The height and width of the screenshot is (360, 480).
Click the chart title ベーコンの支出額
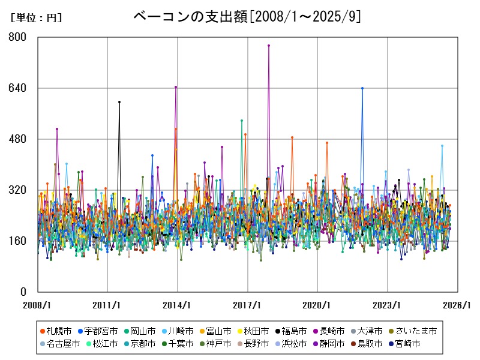(x=247, y=16)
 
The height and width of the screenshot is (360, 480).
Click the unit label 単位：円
(x=36, y=18)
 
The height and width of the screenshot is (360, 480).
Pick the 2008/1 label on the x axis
(x=38, y=305)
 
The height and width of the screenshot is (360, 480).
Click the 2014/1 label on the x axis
(x=178, y=305)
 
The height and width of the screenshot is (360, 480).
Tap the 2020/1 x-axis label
(x=317, y=305)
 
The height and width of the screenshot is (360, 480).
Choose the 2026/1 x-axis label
(x=457, y=305)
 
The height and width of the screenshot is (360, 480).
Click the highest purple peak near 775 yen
(x=269, y=45)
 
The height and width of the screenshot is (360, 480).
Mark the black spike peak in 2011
(x=119, y=102)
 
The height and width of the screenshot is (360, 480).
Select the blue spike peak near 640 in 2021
(x=362, y=88)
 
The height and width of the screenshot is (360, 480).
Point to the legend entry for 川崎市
(x=177, y=331)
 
